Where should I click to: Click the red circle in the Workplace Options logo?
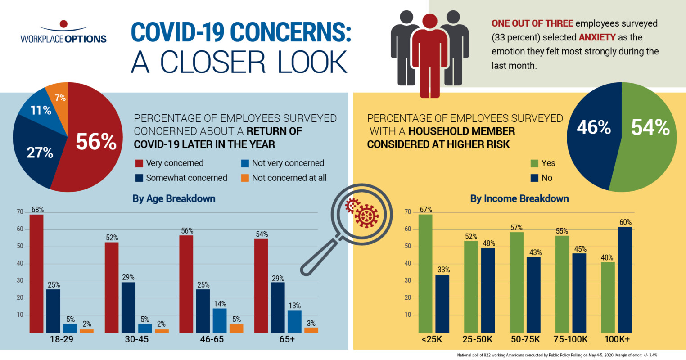[x=63, y=23]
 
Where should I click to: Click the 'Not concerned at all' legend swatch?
[x=245, y=178]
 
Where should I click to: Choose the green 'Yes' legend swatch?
[x=534, y=163]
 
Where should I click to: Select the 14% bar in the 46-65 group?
[x=219, y=320]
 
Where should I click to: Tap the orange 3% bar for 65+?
[x=311, y=330]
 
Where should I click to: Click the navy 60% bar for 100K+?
[x=625, y=279]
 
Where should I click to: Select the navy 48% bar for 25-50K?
[x=488, y=290]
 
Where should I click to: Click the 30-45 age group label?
[x=137, y=339]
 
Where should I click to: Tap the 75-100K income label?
[x=570, y=339]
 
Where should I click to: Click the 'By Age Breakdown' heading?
[x=174, y=198]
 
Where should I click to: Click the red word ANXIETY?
[x=597, y=37]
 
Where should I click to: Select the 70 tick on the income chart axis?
[x=408, y=212]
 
